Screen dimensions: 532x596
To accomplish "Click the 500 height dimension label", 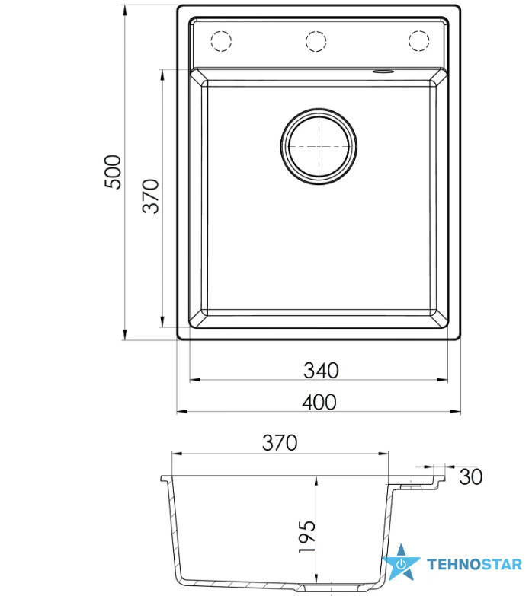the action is click(x=113, y=172).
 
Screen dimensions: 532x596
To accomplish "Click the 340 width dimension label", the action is click(x=321, y=370).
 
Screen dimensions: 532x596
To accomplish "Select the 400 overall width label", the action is click(x=319, y=402).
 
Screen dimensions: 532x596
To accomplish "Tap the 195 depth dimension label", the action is click(x=307, y=537).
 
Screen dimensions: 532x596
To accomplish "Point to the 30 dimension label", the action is click(x=471, y=476).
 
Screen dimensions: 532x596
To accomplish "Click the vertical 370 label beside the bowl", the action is click(x=150, y=196).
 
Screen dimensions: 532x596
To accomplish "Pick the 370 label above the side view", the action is click(x=280, y=443).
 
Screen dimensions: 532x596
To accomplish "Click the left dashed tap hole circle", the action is click(x=221, y=40).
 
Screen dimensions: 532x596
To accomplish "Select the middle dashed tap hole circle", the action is click(x=316, y=40).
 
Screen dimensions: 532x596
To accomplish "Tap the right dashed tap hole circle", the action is click(x=419, y=40).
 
